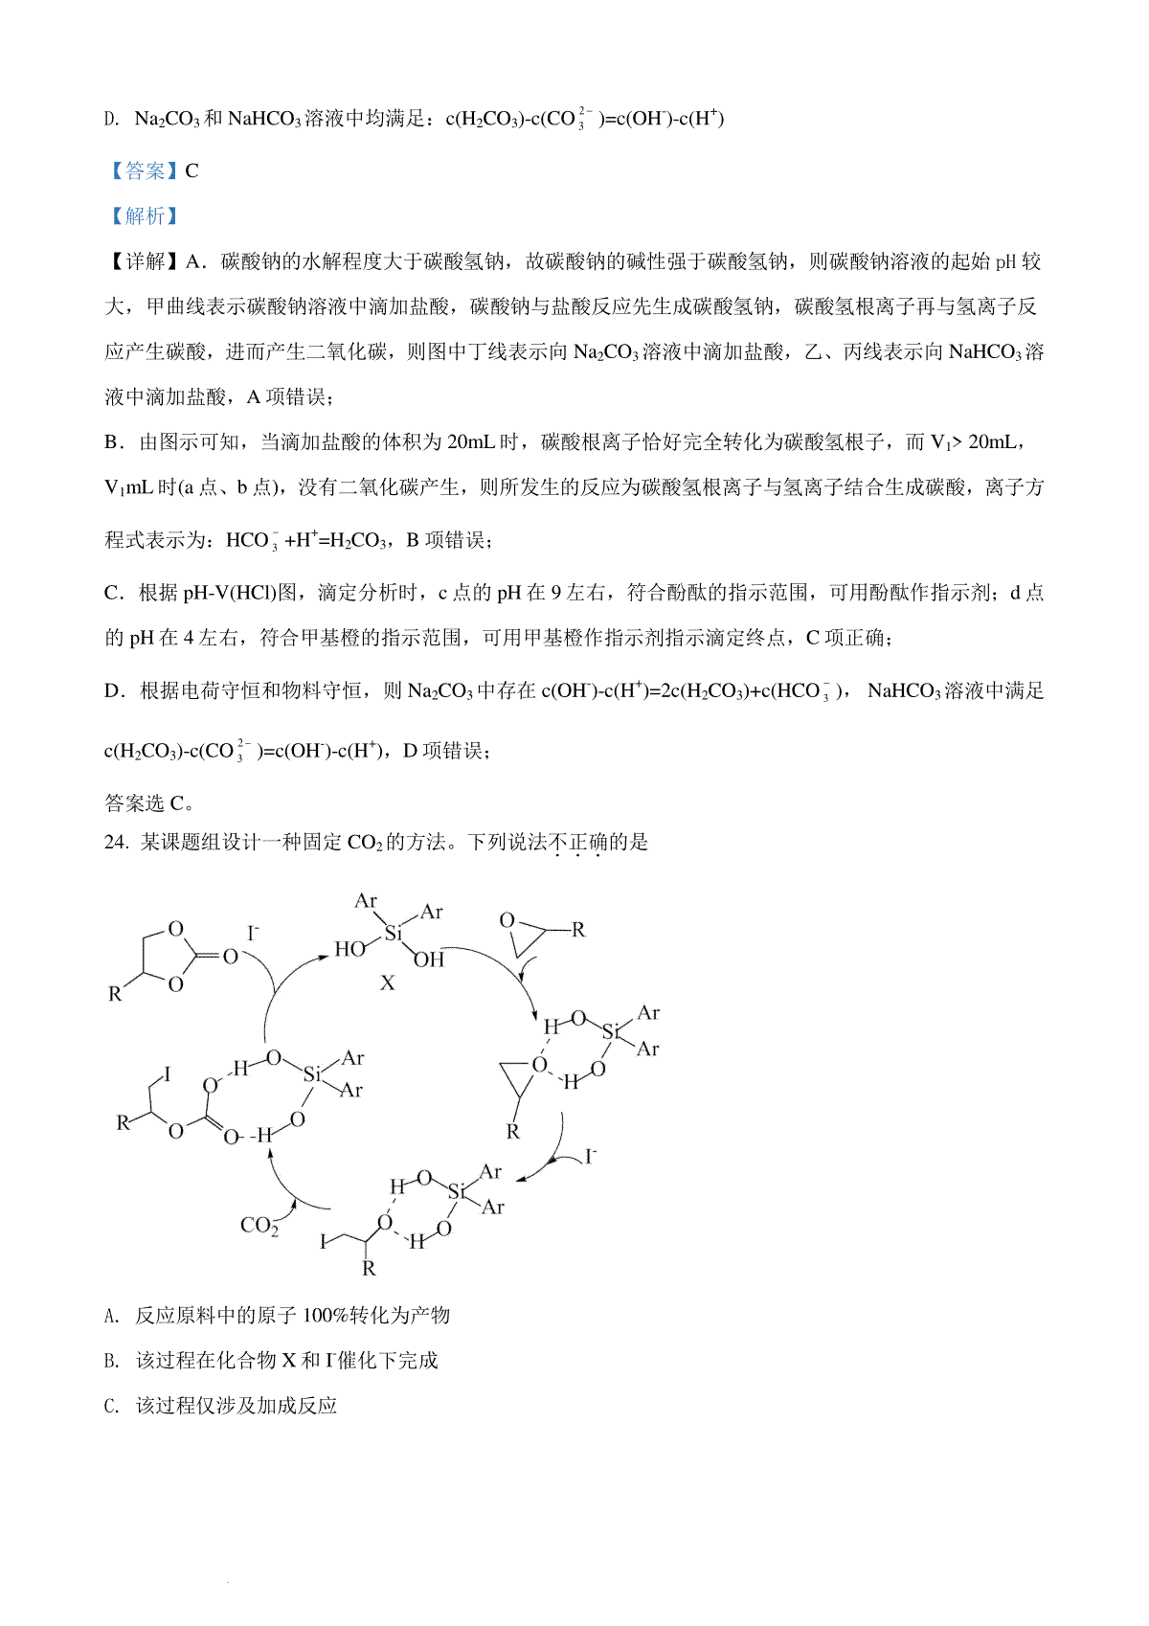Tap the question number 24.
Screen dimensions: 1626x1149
pyautogui.click(x=115, y=843)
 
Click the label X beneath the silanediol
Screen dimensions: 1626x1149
pyautogui.click(x=388, y=983)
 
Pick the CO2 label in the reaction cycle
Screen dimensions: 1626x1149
pyautogui.click(x=259, y=1226)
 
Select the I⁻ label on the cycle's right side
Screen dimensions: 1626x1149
pyautogui.click(x=591, y=1157)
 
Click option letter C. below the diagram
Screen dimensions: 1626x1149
pyautogui.click(x=112, y=1407)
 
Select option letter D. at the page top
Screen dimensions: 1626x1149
pyautogui.click(x=112, y=120)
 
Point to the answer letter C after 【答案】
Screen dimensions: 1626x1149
pyautogui.click(x=192, y=171)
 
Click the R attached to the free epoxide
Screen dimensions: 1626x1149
pyautogui.click(x=578, y=930)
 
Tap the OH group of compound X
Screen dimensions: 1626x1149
pyautogui.click(x=430, y=960)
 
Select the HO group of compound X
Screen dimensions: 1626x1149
pyautogui.click(x=349, y=949)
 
